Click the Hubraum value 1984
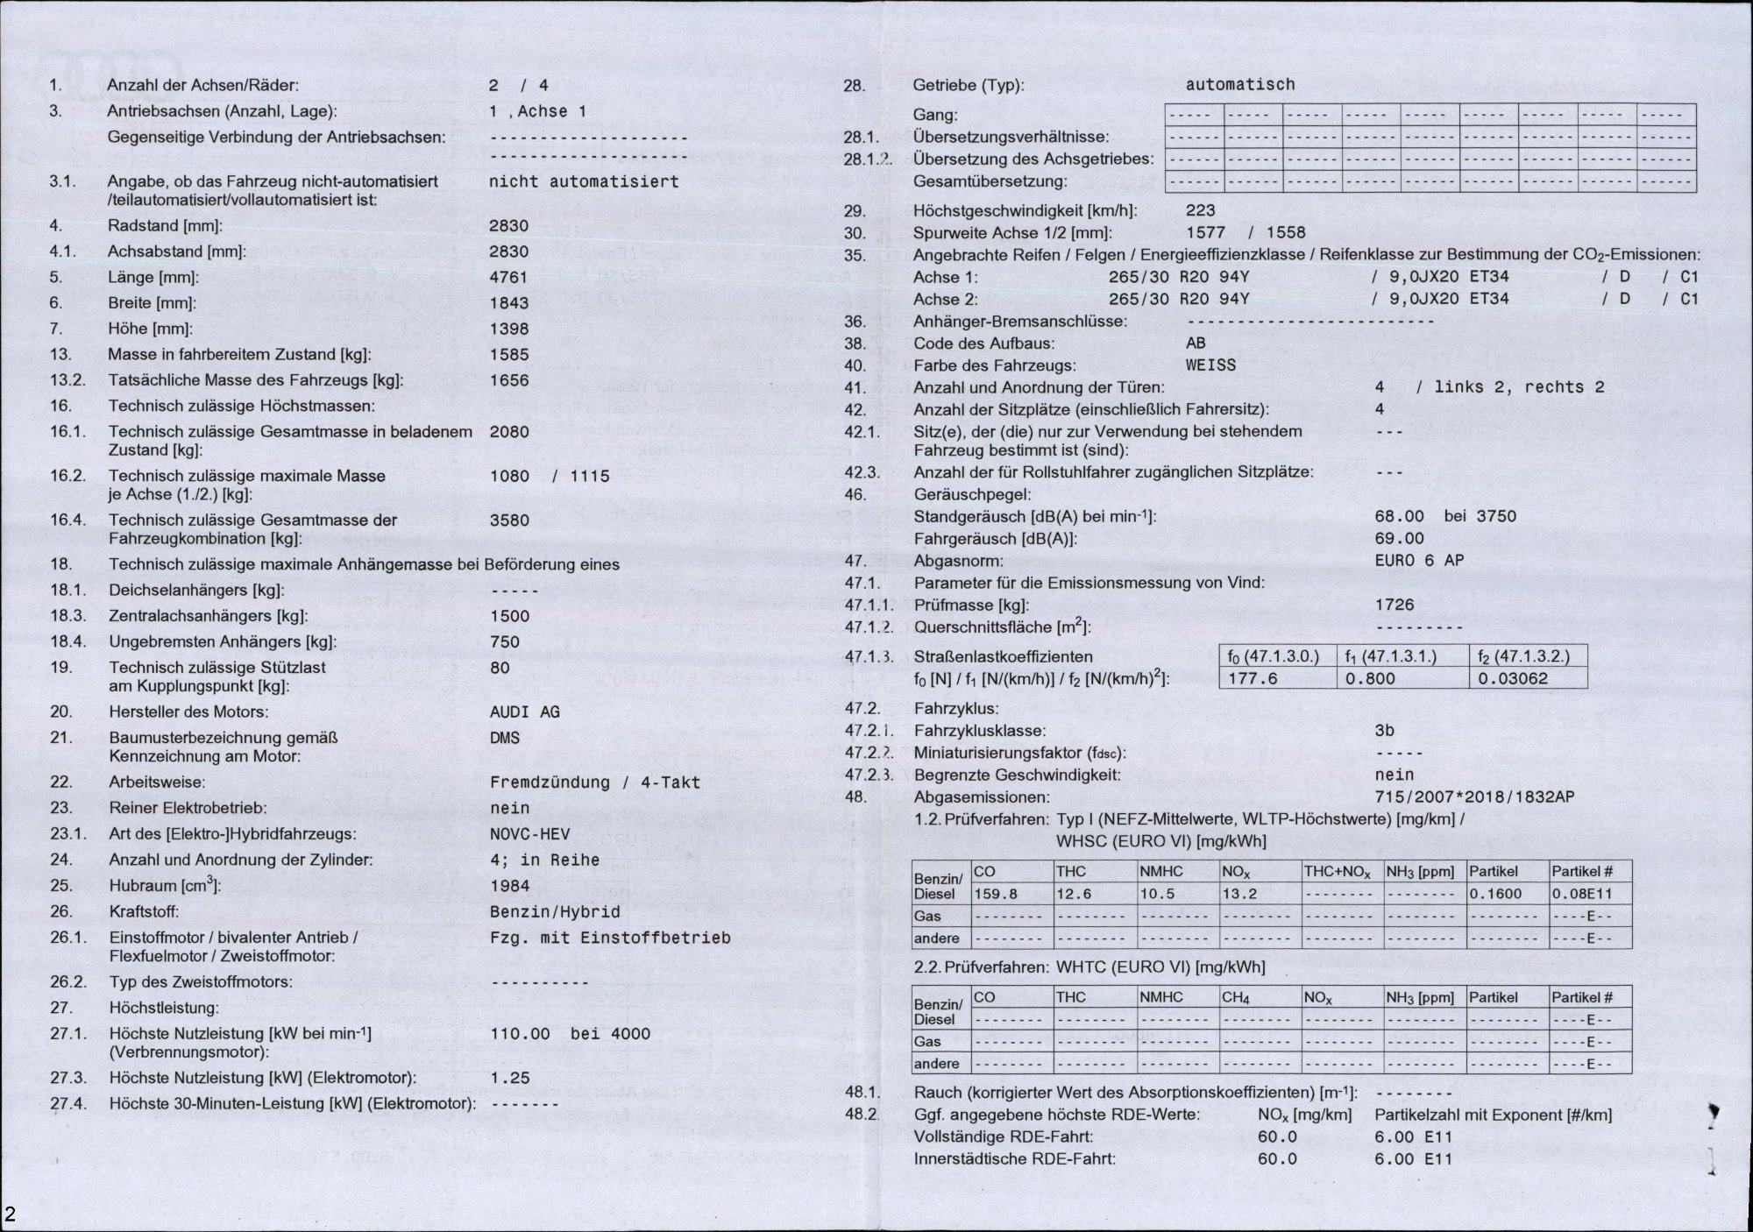coord(509,886)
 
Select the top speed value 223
coord(1200,210)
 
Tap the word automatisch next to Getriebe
coord(1239,85)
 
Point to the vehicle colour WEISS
coord(1210,365)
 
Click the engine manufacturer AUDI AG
coord(524,712)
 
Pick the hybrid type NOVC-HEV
coord(529,834)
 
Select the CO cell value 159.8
coord(996,894)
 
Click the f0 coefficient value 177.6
coord(1253,678)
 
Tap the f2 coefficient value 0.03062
coord(1513,678)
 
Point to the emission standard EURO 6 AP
coord(1419,561)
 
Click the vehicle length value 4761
coord(508,278)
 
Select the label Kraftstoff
coord(144,912)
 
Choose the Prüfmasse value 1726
coord(1395,605)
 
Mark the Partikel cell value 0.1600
coord(1495,894)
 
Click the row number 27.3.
coord(68,1078)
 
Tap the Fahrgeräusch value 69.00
coord(1399,539)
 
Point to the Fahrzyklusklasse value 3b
coord(1385,731)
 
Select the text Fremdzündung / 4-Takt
coord(594,782)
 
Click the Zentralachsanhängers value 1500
coord(509,616)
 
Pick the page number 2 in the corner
coord(11,1214)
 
